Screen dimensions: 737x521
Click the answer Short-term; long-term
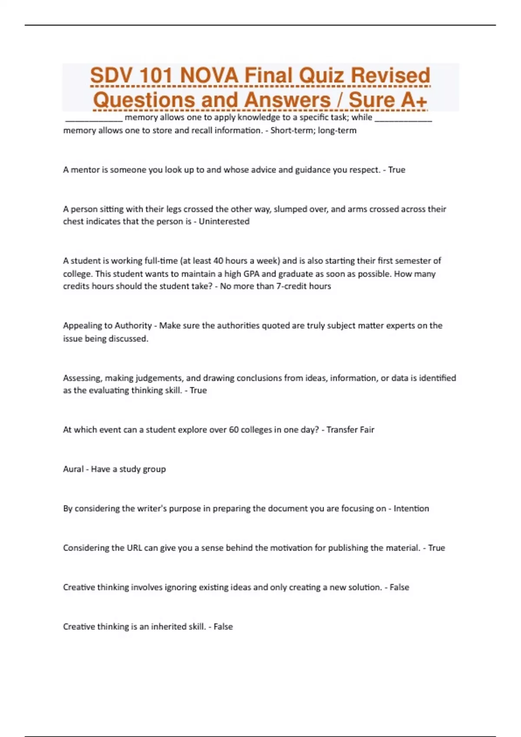pos(313,130)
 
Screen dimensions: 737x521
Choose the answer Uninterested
pos(224,222)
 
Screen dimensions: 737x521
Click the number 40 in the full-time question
pos(218,261)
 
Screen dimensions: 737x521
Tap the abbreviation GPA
pos(251,274)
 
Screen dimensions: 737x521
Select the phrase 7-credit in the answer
pos(291,286)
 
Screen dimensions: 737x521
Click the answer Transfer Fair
pos(350,430)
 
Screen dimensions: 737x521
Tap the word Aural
pos(73,469)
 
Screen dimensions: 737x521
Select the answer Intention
pos(411,509)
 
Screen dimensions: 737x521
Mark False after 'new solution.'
pos(399,587)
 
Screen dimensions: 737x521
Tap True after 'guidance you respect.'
pos(396,170)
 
